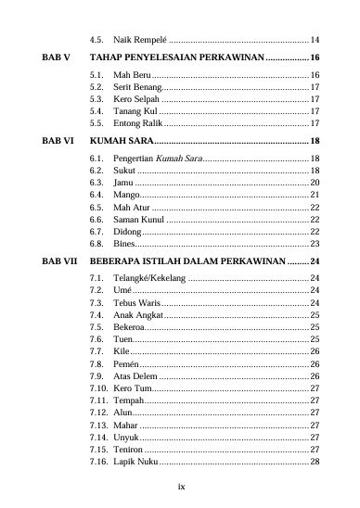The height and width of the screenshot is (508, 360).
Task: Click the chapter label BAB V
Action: pyautogui.click(x=56, y=57)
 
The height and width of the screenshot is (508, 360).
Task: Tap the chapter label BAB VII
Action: pyautogui.click(x=59, y=260)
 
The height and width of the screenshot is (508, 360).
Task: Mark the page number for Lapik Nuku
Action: pyautogui.click(x=315, y=460)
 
